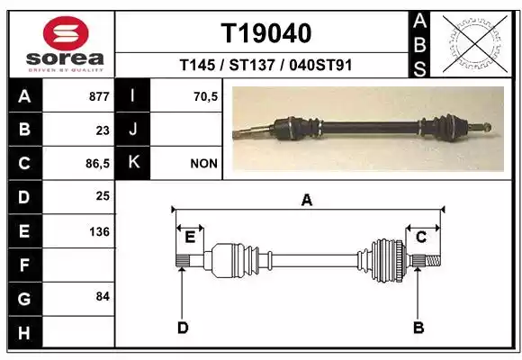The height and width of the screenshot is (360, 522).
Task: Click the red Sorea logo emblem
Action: click(x=66, y=33)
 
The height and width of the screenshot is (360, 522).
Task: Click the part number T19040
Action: click(x=266, y=33)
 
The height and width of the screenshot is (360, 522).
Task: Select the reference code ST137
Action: click(x=252, y=65)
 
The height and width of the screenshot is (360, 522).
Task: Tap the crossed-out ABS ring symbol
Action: click(x=475, y=44)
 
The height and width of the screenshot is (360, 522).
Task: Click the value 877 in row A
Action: click(x=99, y=96)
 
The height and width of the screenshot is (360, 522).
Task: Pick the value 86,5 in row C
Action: click(x=97, y=164)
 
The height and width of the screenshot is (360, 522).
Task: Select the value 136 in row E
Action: click(x=99, y=231)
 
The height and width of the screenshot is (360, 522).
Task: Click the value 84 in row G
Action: click(x=103, y=296)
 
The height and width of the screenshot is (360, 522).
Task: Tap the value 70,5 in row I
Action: click(x=205, y=96)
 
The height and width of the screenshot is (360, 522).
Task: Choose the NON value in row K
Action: click(x=203, y=164)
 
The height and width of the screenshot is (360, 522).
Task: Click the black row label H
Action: click(x=24, y=332)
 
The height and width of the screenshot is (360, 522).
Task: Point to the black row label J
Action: click(x=132, y=130)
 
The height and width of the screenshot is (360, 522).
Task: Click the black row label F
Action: click(x=24, y=265)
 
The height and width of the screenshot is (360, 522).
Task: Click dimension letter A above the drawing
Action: click(x=307, y=200)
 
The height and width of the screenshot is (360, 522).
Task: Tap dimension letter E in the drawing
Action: click(x=190, y=238)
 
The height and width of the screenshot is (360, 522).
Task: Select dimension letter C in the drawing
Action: click(x=421, y=238)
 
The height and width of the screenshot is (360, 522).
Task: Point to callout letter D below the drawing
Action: click(x=183, y=328)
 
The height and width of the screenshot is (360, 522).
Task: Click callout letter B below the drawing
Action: click(x=418, y=328)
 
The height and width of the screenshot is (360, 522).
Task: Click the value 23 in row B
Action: click(x=103, y=130)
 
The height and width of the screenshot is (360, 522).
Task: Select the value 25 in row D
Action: click(x=103, y=196)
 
